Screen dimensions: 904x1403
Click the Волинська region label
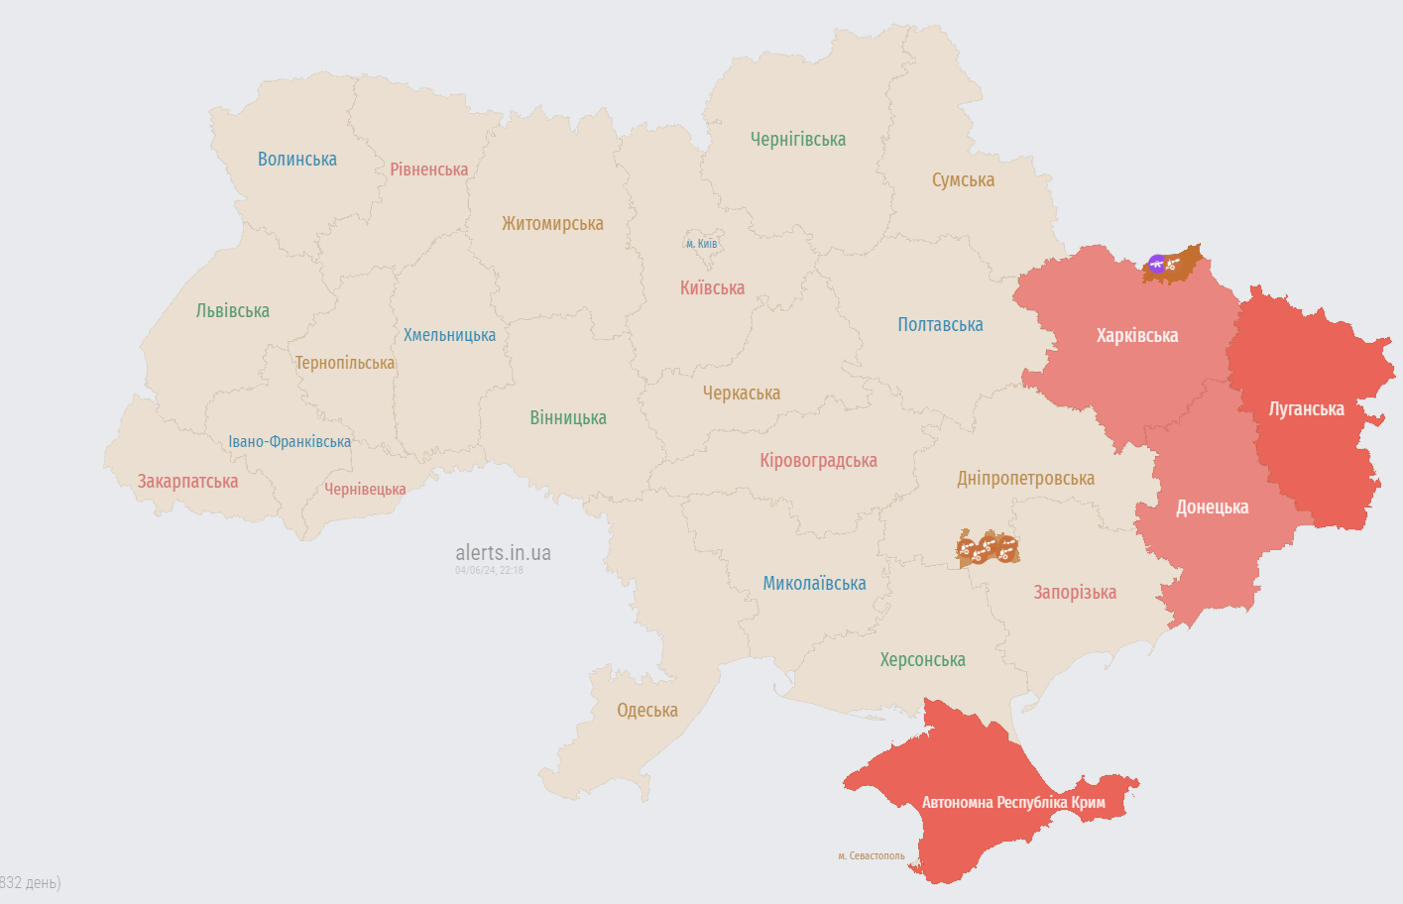pos(296,160)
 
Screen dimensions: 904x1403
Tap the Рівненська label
pos(428,169)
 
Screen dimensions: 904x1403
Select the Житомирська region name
pos(552,224)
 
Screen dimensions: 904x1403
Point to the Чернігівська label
pos(797,140)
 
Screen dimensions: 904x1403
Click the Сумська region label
pos(963,180)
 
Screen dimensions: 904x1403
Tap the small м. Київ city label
pos(701,244)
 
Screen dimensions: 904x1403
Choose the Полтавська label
pos(940,325)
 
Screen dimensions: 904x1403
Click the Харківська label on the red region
pos(1136,336)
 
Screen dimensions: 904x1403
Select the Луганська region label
pos(1306,409)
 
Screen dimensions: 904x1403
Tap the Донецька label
pos(1212,508)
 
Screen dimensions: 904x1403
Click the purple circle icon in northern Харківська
pos(1156,264)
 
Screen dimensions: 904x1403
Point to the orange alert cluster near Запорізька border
pos(988,548)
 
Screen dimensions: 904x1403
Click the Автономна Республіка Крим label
pos(1012,803)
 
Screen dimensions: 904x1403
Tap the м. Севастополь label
pos(871,856)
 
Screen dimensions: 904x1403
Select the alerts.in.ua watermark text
pos(503,553)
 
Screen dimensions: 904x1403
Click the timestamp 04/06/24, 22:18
pos(489,571)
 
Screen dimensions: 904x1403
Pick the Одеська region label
pos(646,711)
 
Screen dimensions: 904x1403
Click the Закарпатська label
pos(187,482)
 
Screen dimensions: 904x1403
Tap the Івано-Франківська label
pos(290,442)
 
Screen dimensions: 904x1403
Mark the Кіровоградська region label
pos(818,461)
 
